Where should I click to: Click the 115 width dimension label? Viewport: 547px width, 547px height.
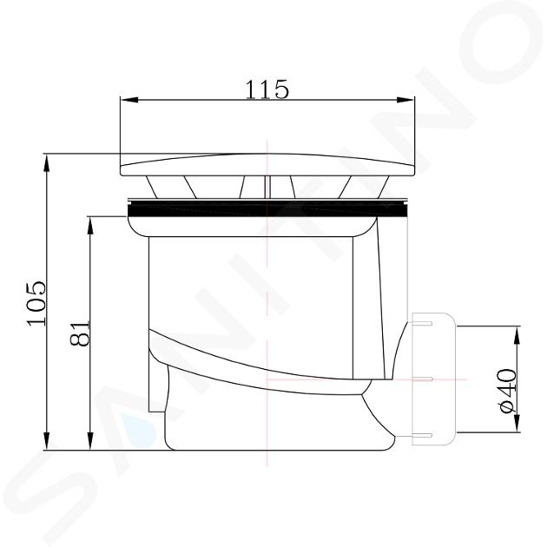(267, 89)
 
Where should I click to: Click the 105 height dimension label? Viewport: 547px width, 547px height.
(36, 302)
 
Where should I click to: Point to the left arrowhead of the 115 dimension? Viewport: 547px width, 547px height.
(128, 100)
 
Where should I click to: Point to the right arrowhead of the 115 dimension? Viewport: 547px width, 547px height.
(406, 100)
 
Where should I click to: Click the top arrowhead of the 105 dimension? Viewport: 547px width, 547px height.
(46, 162)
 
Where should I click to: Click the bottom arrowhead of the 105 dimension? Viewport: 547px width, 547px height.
(46, 441)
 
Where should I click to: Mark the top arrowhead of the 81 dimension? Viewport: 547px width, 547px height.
(90, 225)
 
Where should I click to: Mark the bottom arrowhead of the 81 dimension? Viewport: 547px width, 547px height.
(90, 441)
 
